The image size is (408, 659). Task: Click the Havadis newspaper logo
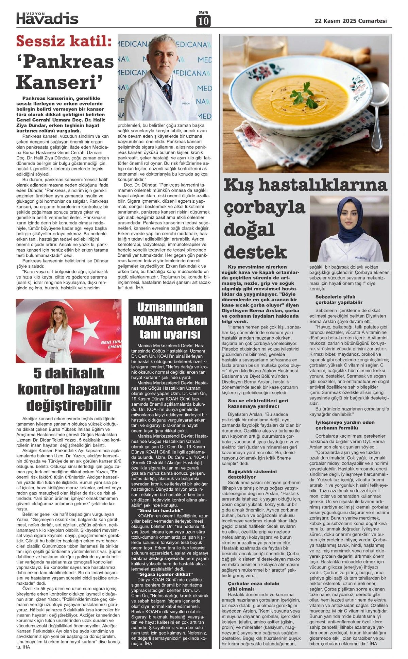tap(47, 18)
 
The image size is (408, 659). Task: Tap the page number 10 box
tap(203, 21)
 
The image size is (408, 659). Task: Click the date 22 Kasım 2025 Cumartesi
tap(351, 21)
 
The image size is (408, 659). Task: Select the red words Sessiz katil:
tap(64, 41)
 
